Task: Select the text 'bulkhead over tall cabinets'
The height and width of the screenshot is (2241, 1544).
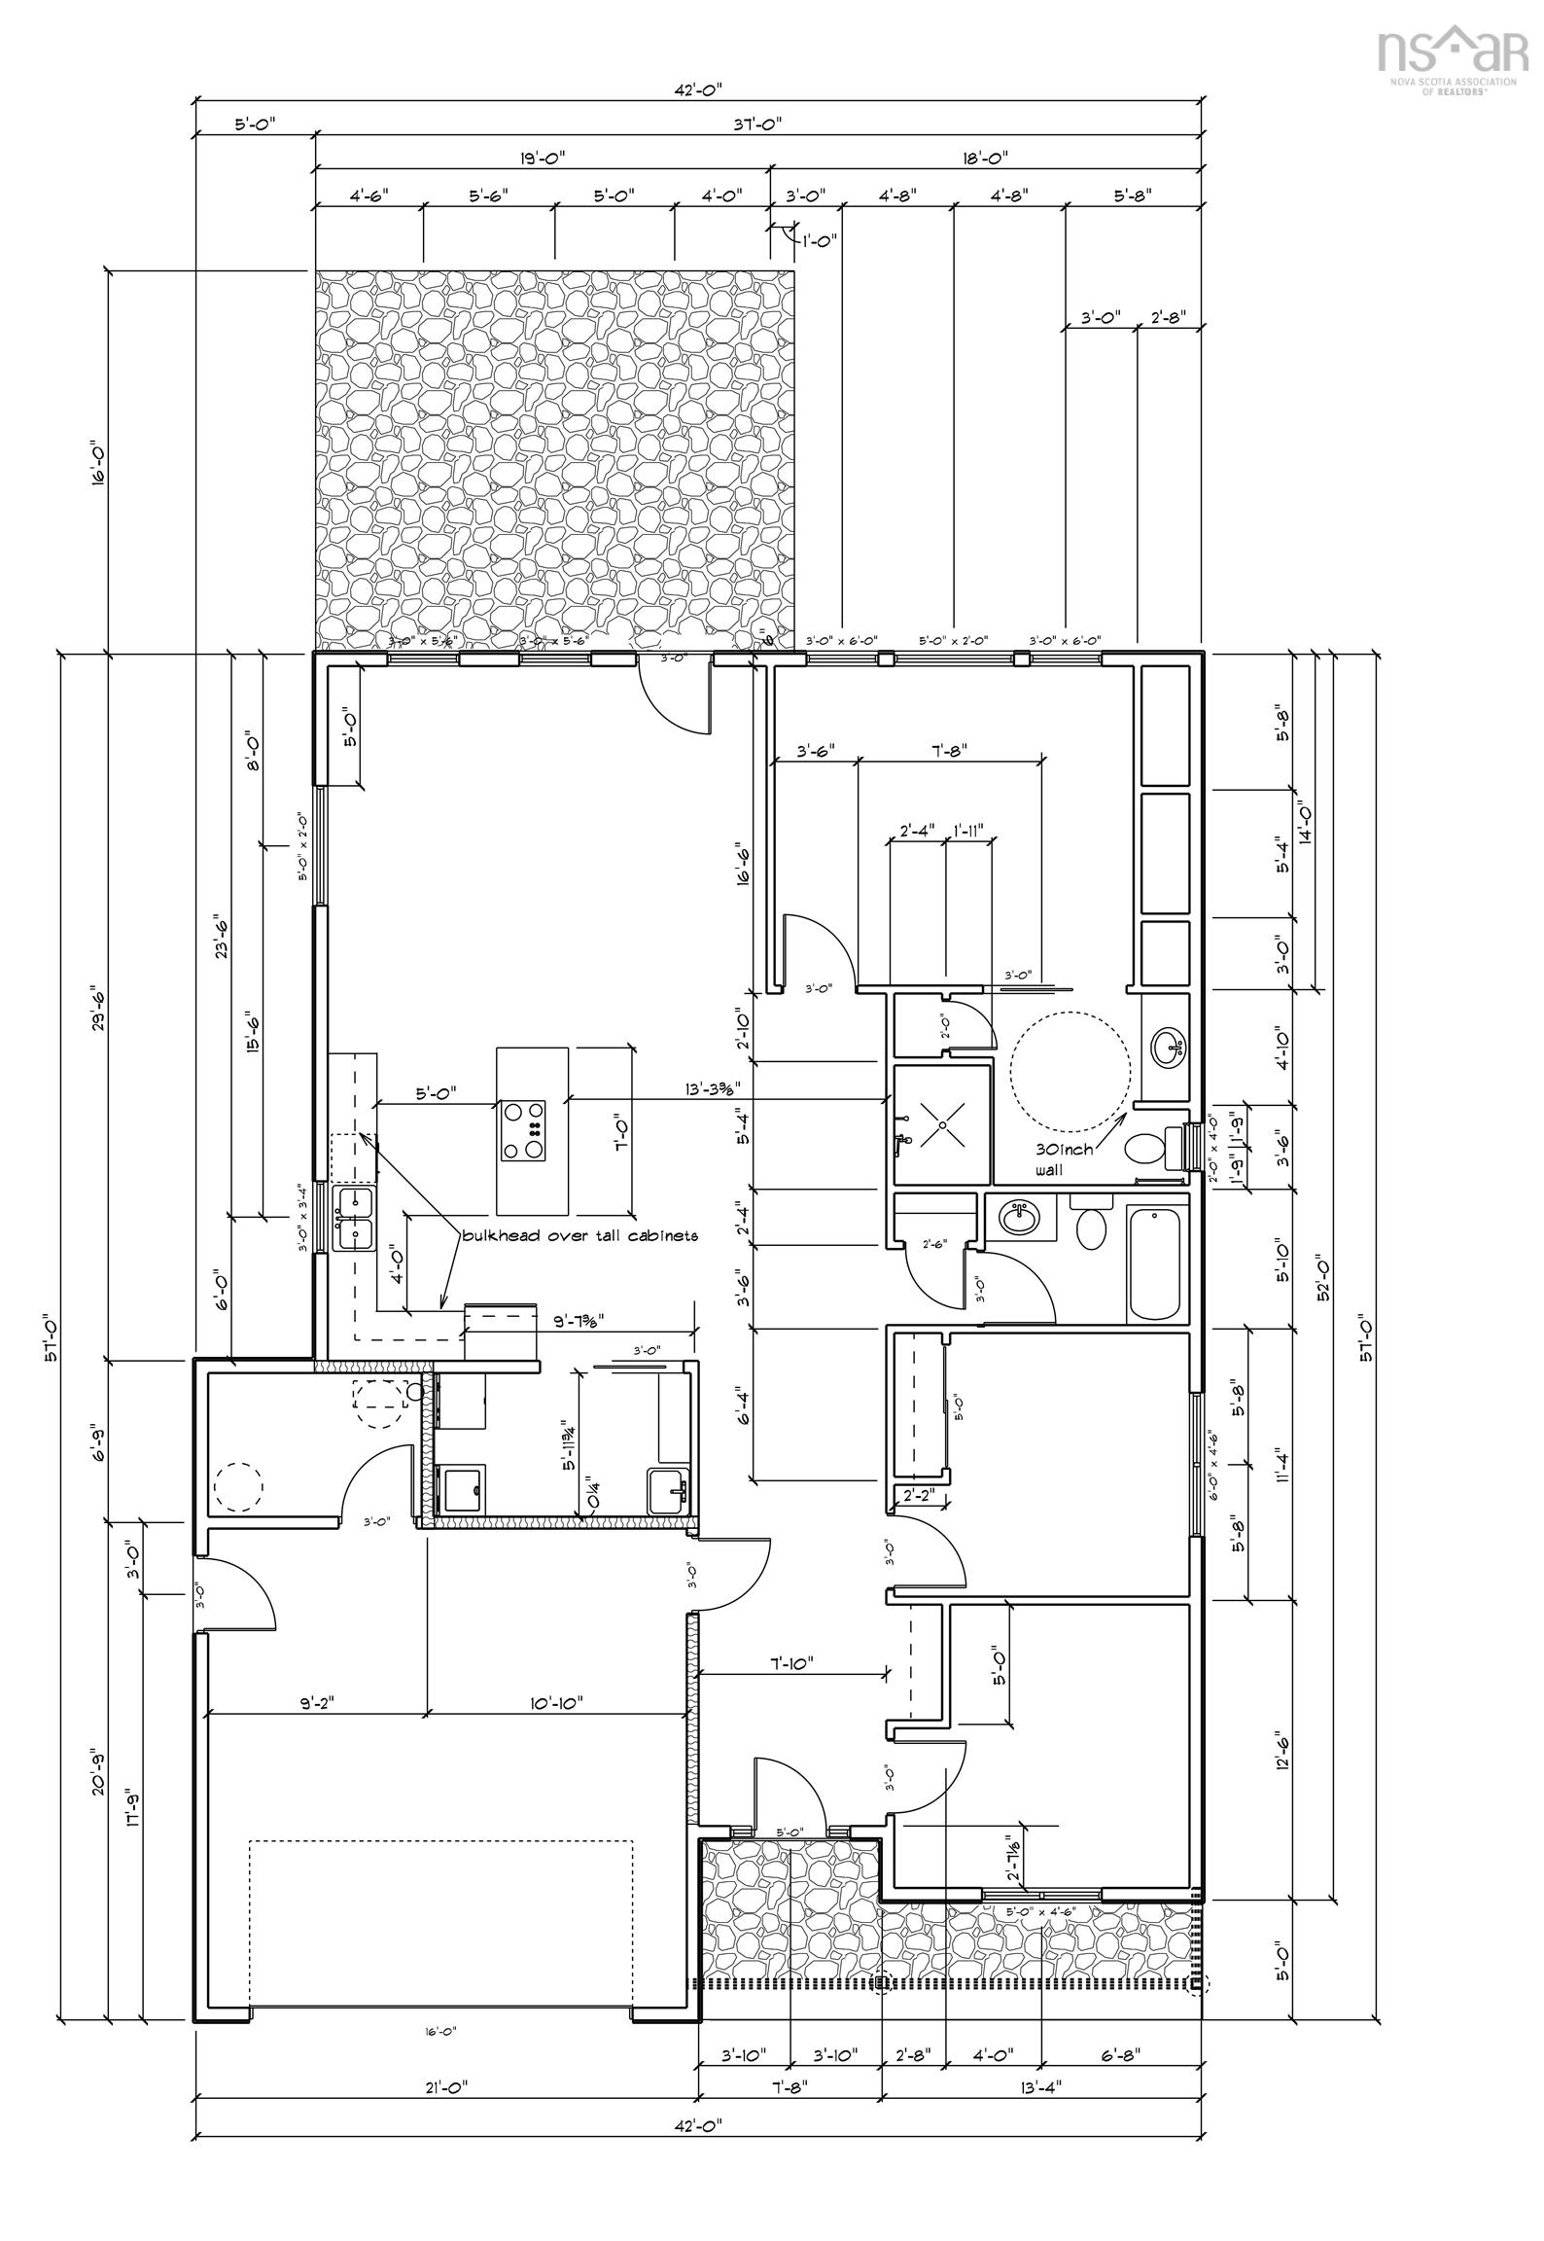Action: pos(580,1235)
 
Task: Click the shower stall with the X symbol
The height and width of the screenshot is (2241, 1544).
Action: pos(942,1123)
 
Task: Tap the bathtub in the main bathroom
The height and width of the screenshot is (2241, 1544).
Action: pos(1156,1263)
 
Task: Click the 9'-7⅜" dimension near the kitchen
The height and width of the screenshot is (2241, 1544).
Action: pos(606,1322)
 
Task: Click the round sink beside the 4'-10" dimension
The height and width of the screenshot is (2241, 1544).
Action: pos(1167,1047)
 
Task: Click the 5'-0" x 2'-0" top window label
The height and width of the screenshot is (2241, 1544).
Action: pos(953,641)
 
